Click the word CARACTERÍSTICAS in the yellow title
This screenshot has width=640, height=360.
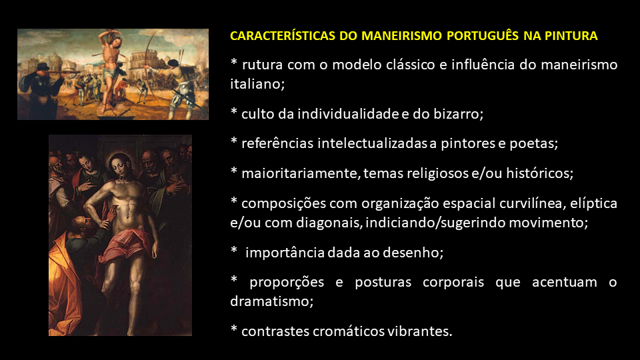[x=283, y=35]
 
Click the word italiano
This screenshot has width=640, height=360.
[x=257, y=84]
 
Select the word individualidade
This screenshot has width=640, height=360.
[x=348, y=113]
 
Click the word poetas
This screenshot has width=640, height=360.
[x=533, y=143]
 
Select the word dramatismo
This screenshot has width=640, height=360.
[x=271, y=301]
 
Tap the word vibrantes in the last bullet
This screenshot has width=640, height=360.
[x=419, y=331]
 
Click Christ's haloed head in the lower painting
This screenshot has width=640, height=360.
[x=119, y=166]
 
